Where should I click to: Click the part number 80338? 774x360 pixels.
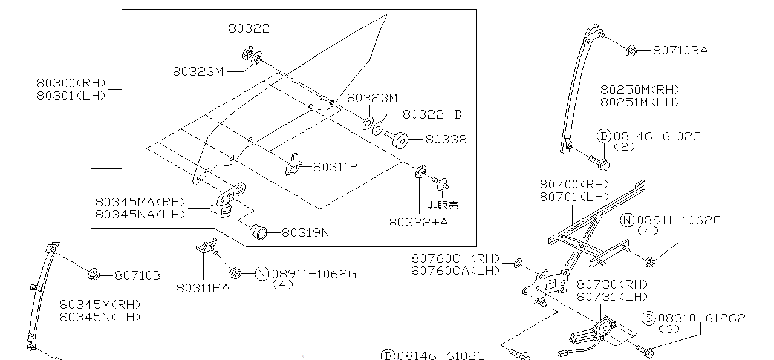click(446, 139)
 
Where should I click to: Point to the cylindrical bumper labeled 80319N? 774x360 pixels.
click(259, 232)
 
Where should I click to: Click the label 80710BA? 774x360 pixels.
click(680, 51)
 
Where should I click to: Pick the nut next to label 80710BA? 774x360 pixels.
click(630, 51)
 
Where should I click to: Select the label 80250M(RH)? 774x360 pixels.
click(640, 90)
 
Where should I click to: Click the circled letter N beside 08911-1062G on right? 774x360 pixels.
click(627, 221)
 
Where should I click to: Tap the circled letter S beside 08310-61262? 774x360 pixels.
click(649, 318)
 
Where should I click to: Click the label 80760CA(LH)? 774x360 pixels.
click(455, 270)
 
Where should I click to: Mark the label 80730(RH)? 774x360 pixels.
click(611, 284)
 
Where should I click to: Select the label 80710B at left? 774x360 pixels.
click(138, 275)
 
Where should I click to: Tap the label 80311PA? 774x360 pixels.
click(203, 289)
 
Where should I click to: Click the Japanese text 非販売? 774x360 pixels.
click(443, 205)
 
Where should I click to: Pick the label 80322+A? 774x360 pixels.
click(418, 222)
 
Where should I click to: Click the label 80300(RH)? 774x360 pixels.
click(71, 83)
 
